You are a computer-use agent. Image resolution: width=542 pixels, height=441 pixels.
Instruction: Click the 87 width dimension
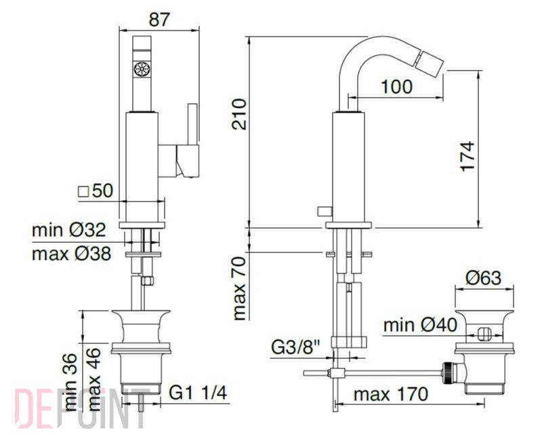[159, 20]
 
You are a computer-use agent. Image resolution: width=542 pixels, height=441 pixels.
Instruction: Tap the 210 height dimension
[239, 114]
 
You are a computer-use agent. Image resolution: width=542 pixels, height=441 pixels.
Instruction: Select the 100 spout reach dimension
[396, 87]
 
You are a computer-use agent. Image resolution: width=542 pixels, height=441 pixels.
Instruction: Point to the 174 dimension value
[467, 156]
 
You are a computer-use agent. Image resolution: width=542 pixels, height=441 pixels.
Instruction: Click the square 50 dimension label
[96, 191]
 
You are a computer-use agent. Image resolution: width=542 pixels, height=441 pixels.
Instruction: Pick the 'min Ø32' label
[68, 229]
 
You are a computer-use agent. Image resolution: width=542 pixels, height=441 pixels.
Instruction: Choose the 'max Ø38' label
[72, 254]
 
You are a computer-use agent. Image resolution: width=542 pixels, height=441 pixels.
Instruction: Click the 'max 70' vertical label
[239, 289]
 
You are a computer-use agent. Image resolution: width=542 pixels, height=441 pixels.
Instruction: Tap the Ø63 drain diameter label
[483, 277]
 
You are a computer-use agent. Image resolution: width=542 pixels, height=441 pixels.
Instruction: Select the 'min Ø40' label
[420, 325]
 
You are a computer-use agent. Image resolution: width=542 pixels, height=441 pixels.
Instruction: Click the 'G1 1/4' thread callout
[198, 393]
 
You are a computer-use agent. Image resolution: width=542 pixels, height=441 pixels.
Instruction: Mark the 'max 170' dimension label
[391, 394]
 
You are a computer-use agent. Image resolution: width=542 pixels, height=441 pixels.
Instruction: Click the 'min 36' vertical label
[70, 382]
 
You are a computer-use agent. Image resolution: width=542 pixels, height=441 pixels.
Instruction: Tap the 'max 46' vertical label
[94, 380]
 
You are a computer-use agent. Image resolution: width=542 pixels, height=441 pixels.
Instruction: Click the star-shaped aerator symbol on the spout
[142, 69]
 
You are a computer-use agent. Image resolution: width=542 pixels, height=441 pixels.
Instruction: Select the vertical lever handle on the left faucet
[192, 123]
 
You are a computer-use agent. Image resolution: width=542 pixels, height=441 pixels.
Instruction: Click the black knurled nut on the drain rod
[448, 372]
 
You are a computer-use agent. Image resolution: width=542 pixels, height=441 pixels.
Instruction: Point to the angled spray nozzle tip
[430, 62]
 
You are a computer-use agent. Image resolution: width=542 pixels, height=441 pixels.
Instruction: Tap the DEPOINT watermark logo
[81, 408]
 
